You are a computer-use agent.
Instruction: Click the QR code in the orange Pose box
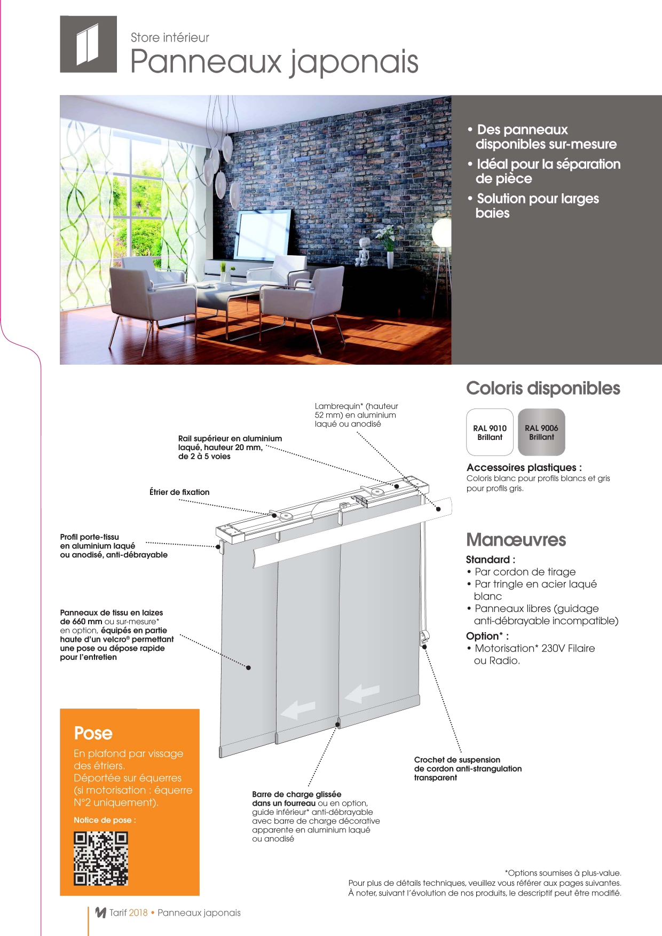(x=101, y=858)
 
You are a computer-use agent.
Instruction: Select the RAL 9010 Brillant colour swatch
(x=490, y=432)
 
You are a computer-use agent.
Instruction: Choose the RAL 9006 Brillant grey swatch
(x=541, y=432)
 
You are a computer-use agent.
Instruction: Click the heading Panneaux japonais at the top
(x=274, y=61)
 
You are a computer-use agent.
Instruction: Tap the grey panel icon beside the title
(x=88, y=44)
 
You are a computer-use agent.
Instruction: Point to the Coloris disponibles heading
(x=543, y=388)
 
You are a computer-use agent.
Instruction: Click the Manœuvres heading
(x=516, y=539)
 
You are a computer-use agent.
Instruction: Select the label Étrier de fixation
(x=179, y=492)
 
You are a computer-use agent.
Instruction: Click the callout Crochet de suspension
(x=457, y=760)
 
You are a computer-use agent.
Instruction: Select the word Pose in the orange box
(x=93, y=733)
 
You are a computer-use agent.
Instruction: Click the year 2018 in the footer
(x=138, y=913)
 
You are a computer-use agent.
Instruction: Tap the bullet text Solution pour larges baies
(x=537, y=206)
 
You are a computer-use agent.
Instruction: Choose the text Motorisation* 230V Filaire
(x=534, y=648)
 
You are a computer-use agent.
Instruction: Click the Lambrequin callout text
(x=356, y=415)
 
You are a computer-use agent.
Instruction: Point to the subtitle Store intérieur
(x=170, y=37)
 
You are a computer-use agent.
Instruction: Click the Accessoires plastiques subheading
(x=524, y=467)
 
